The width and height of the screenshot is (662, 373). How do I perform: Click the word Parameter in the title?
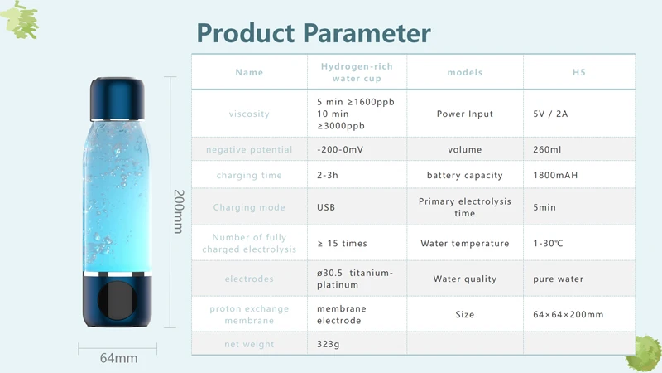(x=367, y=33)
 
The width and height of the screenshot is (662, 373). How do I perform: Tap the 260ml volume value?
(x=547, y=149)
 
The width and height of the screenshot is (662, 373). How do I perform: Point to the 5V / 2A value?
(x=550, y=114)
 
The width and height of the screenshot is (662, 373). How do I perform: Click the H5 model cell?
(x=578, y=72)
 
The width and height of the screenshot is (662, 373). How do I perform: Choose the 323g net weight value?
(x=328, y=344)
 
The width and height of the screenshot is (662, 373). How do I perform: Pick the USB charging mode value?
(x=326, y=207)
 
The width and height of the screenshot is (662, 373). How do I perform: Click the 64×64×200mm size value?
(x=568, y=314)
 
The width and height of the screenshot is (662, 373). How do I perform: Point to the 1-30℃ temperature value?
(x=548, y=243)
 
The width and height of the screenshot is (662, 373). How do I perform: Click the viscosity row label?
(x=249, y=114)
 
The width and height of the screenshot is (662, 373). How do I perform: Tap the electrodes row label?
(x=249, y=279)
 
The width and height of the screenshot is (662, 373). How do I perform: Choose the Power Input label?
(x=465, y=114)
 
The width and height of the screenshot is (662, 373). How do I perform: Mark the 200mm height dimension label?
(x=179, y=211)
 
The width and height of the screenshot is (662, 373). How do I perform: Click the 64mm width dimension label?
(x=118, y=358)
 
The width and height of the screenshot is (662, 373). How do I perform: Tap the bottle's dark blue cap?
(x=118, y=99)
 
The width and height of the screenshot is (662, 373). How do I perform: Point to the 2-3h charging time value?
(x=328, y=175)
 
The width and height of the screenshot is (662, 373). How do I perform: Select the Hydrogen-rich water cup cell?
(x=357, y=72)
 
